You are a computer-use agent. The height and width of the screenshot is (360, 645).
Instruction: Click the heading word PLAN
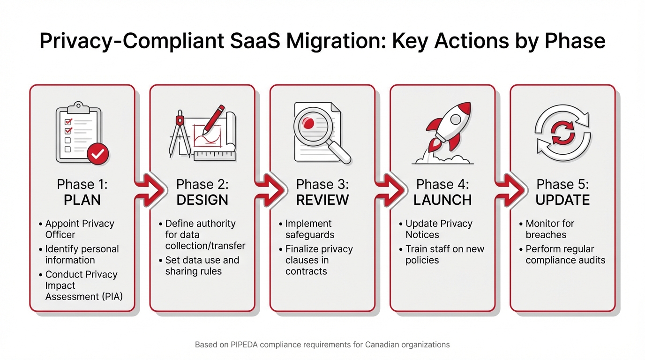[82, 200]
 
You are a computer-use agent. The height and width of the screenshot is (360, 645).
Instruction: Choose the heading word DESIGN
[202, 200]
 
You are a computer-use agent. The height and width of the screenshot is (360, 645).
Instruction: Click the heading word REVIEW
[322, 200]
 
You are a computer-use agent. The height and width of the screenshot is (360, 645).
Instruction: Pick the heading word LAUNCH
[442, 200]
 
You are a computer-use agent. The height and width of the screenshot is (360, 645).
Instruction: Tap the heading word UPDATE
[562, 200]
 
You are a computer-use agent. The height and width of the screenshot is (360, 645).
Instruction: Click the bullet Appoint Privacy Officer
[79, 229]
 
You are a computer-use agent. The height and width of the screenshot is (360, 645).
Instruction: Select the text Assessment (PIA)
[84, 297]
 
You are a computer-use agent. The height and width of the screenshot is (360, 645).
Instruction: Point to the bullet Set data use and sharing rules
[202, 266]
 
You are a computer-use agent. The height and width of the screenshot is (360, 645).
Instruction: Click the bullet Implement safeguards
[309, 229]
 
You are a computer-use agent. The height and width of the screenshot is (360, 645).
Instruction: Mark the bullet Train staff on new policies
[444, 255]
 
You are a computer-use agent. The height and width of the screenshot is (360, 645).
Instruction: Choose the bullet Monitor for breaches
[549, 229]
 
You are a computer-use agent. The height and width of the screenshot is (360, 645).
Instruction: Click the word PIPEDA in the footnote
[244, 345]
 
